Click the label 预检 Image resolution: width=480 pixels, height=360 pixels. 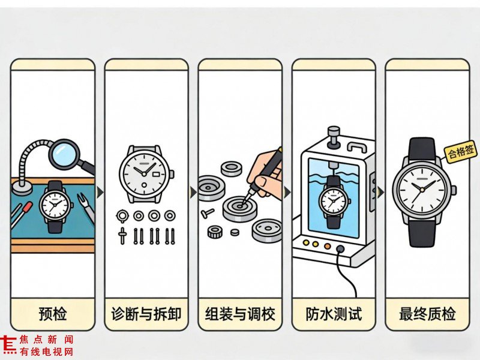tap(53, 314)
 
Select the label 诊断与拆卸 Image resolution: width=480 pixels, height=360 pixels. tap(146, 314)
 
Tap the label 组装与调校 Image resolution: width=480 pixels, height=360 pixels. tap(240, 314)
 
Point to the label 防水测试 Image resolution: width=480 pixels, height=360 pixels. tap(334, 314)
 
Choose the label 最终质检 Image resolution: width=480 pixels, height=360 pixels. tap(427, 314)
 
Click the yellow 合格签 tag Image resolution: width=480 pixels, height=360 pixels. tap(461, 151)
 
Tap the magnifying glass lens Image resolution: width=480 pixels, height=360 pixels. tap(64, 152)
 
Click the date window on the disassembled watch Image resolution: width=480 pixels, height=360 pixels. tap(156, 174)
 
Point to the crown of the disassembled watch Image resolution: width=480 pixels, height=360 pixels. tap(172, 174)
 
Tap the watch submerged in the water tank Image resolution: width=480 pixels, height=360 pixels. tap(334, 202)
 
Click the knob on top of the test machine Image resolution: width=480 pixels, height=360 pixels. tap(334, 137)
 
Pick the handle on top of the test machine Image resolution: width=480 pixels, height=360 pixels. tap(357, 146)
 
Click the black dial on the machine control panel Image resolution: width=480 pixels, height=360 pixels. tap(340, 248)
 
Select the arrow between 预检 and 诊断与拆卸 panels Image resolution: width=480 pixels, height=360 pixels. tap(100, 192)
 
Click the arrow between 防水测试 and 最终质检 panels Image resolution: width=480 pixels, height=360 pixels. tap(380, 192)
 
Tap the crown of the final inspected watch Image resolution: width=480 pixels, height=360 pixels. tap(454, 190)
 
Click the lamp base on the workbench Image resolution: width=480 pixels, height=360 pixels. tap(22, 187)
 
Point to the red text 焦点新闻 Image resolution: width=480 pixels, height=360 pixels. tap(46, 340)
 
